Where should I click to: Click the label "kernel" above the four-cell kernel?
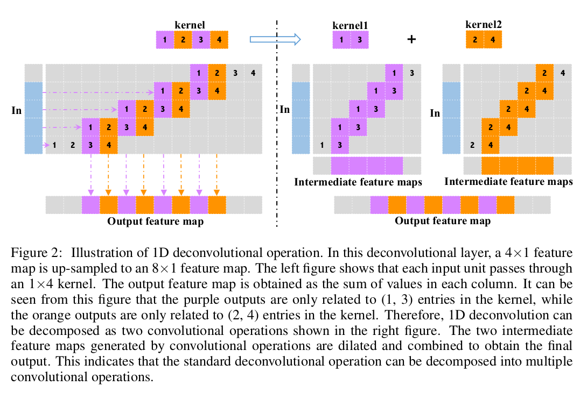pos(190,24)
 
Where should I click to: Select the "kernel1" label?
pos(350,25)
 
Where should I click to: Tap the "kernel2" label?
pos(483,24)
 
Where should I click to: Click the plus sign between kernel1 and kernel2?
pos(412,40)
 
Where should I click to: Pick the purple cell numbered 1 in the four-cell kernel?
pos(165,40)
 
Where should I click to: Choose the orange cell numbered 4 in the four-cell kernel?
pos(219,40)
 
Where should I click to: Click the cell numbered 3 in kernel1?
pos(359,40)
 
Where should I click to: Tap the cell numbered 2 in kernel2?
pos(474,40)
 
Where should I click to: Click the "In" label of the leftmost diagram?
pos(16,110)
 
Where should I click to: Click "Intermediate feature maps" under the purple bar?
pos(358,182)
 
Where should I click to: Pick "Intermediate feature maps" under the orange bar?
pos(508,182)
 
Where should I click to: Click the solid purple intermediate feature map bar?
pos(367,165)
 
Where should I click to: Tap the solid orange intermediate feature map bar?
pos(517,165)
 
